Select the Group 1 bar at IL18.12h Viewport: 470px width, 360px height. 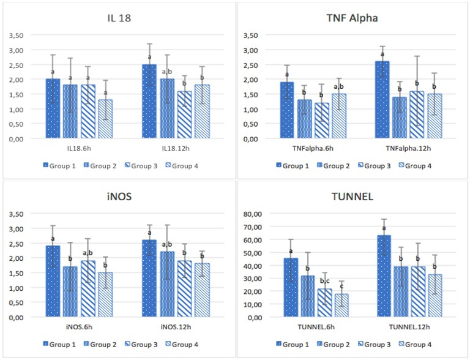click(149, 102)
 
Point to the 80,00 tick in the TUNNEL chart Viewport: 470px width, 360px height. click(250, 214)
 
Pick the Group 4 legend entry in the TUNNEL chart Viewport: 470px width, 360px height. click(422, 345)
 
